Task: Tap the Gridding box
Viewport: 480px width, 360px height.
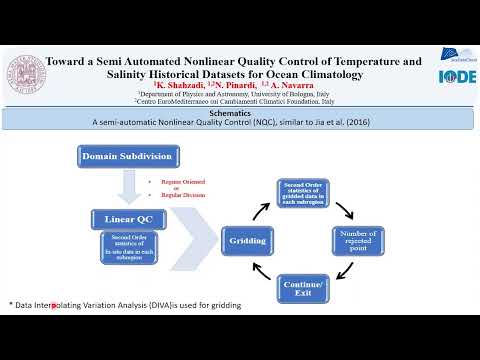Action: [x=249, y=240]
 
